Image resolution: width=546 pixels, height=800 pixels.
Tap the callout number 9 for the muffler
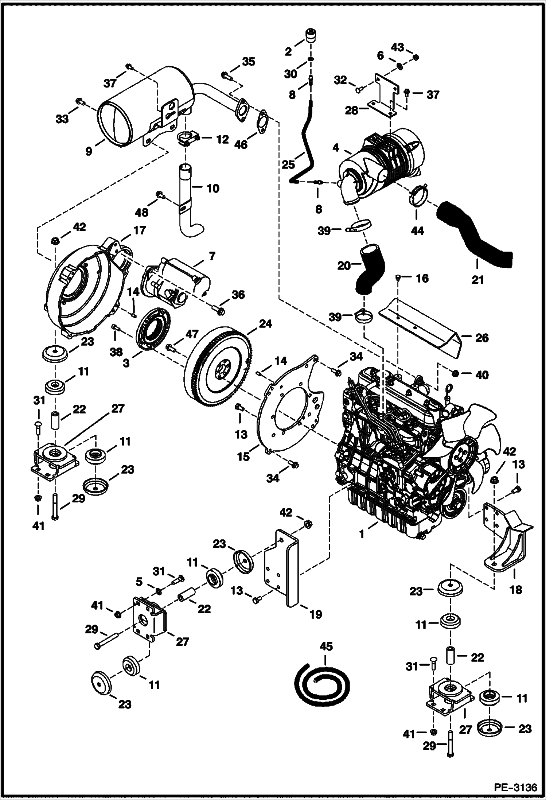[89, 151]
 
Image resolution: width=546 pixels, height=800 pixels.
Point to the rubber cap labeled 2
[310, 36]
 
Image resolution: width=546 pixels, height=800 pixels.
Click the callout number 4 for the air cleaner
[336, 148]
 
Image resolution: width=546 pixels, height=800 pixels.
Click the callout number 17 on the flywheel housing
[139, 230]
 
